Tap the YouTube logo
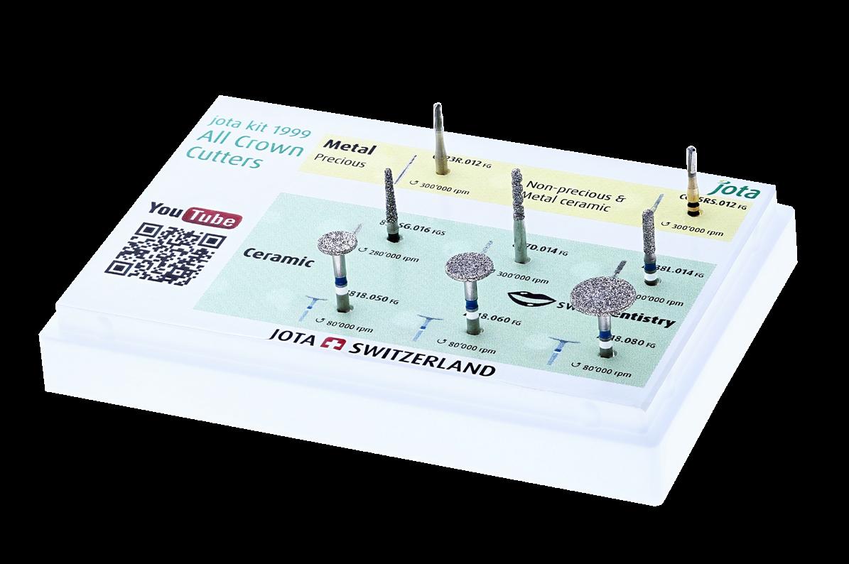193,216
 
